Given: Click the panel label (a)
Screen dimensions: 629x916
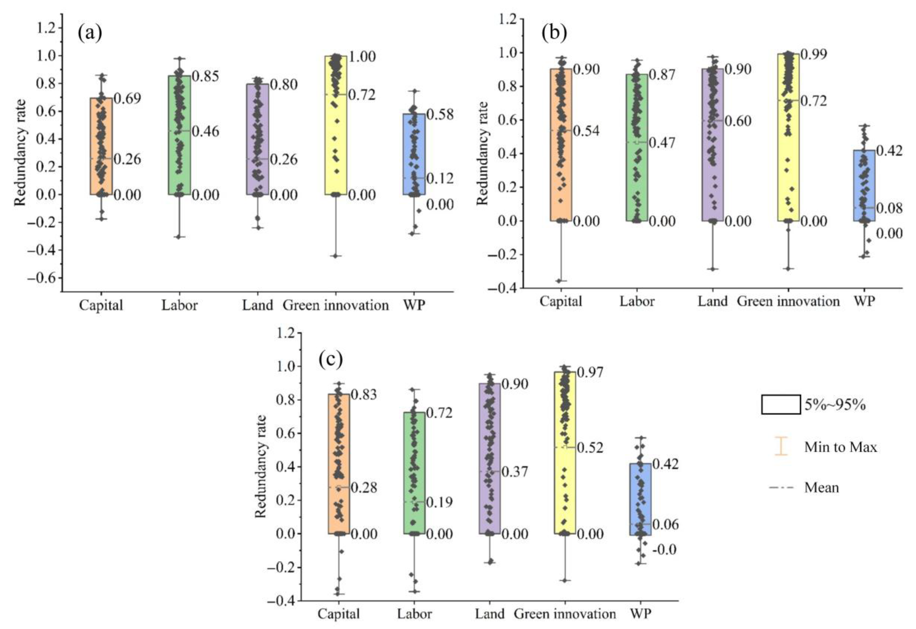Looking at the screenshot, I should pos(90,33).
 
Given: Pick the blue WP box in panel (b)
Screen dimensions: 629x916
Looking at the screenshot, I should pos(864,185).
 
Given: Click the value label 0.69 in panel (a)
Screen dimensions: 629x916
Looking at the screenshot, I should pos(127,98).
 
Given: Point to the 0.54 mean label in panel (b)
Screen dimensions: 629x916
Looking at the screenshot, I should pos(586,131).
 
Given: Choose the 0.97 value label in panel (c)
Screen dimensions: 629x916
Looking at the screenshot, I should pos(590,372).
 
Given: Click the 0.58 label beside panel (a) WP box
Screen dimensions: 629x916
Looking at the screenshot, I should pos(440,114).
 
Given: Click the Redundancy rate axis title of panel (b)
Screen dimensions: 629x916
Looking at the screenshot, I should pos(482,153).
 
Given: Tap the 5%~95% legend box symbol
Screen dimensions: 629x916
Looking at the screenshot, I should pos(781,405).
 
